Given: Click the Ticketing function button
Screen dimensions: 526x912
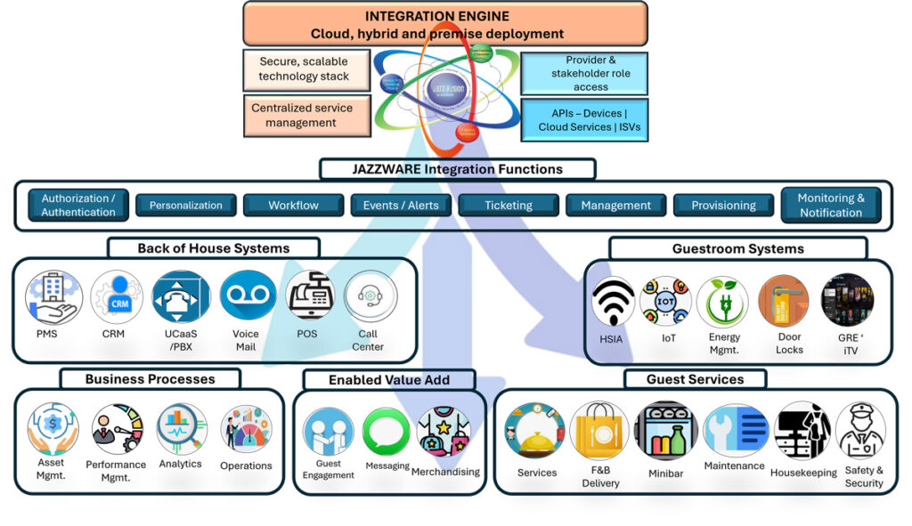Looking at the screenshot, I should [508, 206].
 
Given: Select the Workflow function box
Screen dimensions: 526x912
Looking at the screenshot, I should [293, 206].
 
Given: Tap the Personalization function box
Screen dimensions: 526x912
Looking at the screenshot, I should [186, 206].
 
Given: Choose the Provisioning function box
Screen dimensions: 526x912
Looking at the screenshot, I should [723, 206].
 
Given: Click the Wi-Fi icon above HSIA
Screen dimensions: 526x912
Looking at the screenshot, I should [614, 301].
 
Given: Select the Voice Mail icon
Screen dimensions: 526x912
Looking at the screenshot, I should [248, 296].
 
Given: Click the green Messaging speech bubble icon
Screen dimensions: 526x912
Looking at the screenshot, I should [387, 432].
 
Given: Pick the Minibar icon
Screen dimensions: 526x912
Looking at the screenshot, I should [665, 431].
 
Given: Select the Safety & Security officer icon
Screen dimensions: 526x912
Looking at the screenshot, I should [861, 431].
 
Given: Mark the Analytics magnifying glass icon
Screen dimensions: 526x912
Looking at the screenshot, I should [182, 430].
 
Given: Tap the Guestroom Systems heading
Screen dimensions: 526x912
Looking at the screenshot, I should [738, 248].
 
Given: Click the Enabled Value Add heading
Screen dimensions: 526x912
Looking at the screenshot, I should [389, 380].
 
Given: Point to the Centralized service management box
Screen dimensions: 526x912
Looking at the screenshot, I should [302, 116].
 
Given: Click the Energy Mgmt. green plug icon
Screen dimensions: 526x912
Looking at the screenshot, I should [722, 301].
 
